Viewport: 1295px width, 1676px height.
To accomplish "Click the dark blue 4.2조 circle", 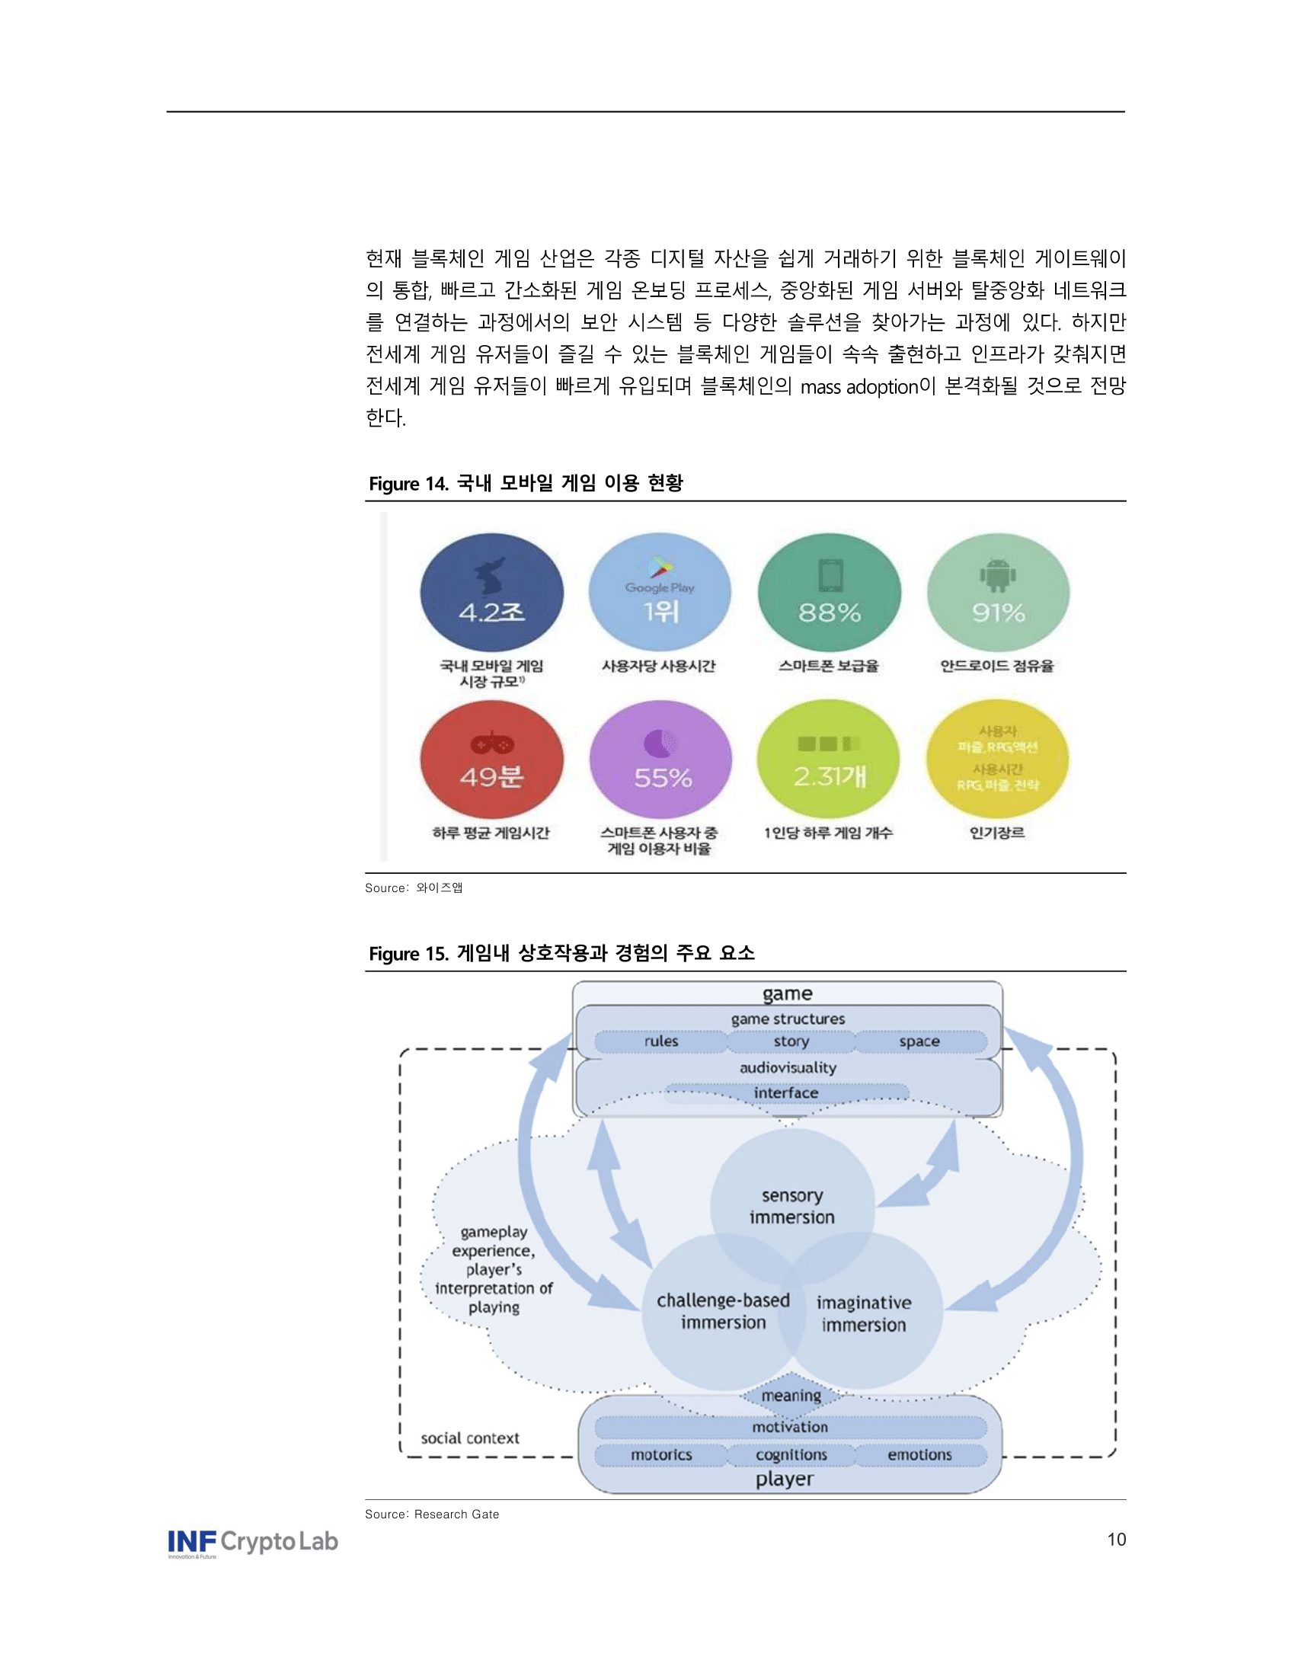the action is coord(491,593).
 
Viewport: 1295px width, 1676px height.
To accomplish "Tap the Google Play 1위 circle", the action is coord(660,593).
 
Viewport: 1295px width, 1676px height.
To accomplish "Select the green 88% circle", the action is coord(829,593).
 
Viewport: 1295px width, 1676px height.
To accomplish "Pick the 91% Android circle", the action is coord(997,593).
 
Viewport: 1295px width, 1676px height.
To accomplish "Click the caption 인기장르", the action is coord(996,833).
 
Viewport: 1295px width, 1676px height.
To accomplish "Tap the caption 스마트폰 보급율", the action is coord(829,666).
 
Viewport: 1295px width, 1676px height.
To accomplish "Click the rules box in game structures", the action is coord(661,1041).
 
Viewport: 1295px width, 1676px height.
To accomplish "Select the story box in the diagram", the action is coord(791,1041).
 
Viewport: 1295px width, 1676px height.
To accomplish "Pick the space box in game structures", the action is coord(919,1041).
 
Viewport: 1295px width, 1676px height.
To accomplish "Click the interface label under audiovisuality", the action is coord(785,1092).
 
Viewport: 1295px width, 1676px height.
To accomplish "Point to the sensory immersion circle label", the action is coord(791,1207).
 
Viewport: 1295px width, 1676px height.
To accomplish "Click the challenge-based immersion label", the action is coord(723,1312).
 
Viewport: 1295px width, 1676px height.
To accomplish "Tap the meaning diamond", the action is coord(791,1395).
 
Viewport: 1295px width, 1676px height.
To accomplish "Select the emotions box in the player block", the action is coord(919,1454).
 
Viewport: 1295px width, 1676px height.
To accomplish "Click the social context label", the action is coord(469,1438).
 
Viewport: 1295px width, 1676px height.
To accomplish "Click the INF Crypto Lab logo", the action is coord(252,1543).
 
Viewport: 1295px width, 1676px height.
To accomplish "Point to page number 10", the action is coord(1116,1540).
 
